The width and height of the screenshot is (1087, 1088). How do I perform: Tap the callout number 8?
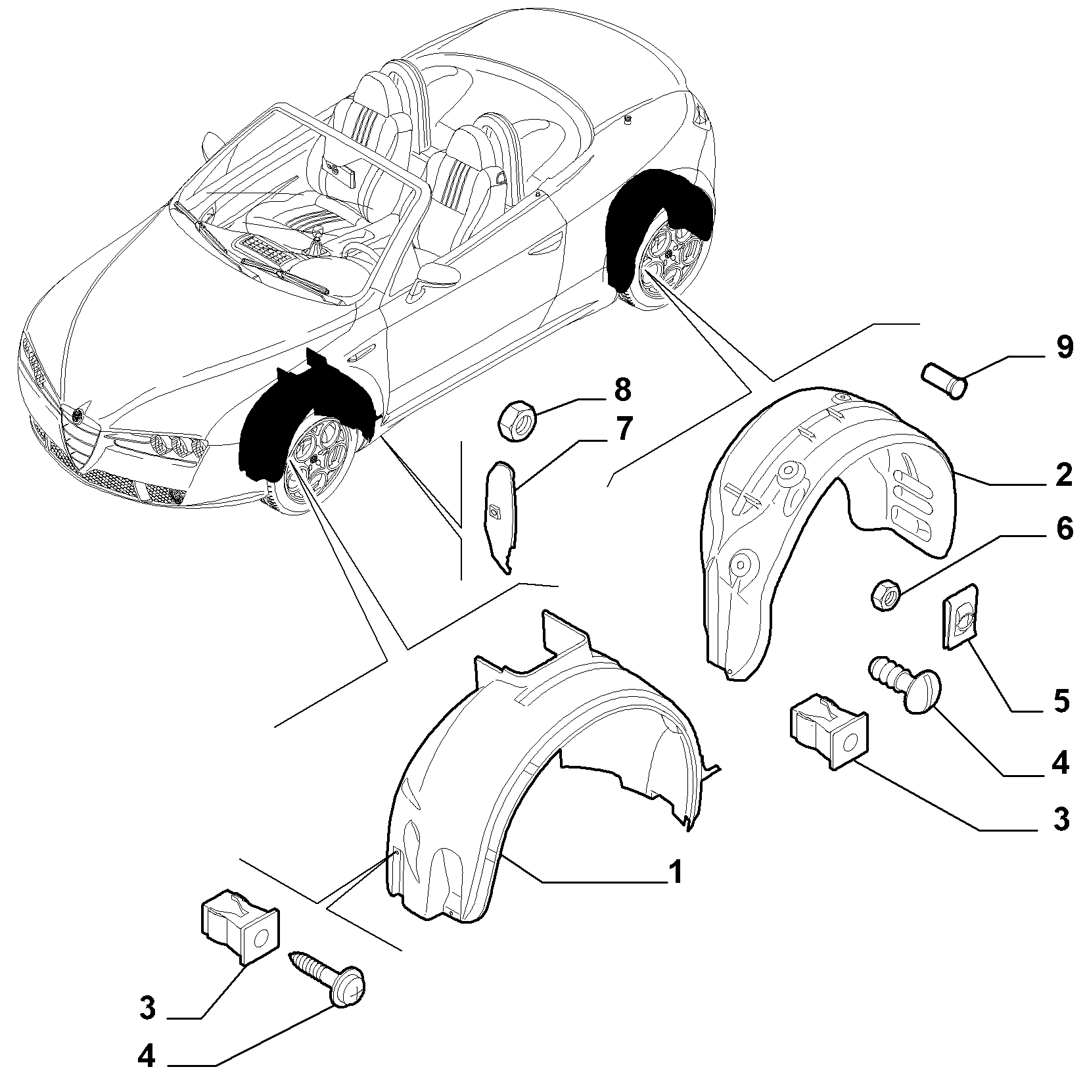point(621,390)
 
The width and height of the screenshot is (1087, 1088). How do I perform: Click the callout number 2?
point(1060,475)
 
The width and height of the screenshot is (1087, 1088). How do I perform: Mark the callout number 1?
point(674,872)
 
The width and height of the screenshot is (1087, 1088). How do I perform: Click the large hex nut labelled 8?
point(515,421)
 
